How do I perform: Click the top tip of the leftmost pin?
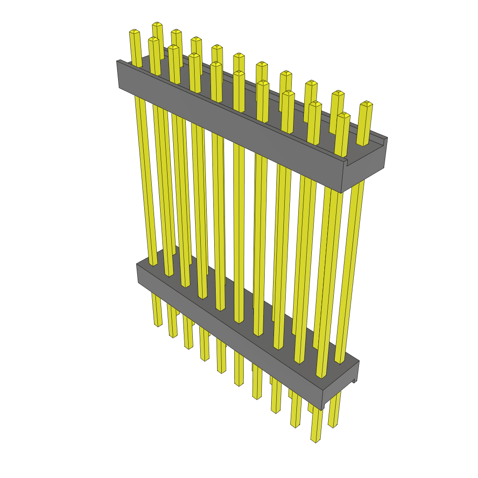tap(134, 32)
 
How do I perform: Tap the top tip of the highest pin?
tap(157, 24)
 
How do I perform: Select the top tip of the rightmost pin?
tap(366, 103)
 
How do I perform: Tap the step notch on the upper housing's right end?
tap(347, 162)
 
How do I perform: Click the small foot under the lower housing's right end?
tap(354, 380)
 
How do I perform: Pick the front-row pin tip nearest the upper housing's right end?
tap(343, 115)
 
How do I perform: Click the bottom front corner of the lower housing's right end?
tap(323, 408)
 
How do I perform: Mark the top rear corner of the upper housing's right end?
tap(387, 138)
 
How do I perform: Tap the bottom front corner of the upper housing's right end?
tap(342, 192)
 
